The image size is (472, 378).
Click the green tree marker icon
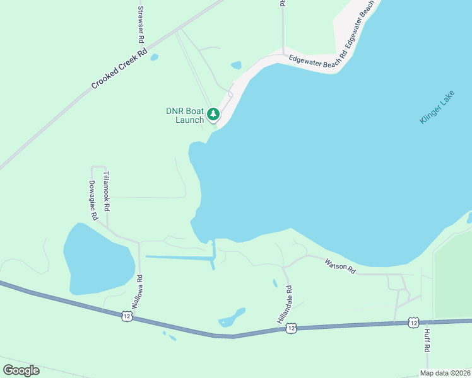213,114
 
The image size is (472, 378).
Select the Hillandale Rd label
285,306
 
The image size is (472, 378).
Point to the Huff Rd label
427,340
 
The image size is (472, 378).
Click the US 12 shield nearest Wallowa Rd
127,316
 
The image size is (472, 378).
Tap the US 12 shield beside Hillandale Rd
290,328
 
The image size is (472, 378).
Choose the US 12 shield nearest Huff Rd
413,323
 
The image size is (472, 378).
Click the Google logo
21,370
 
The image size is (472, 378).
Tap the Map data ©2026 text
445,373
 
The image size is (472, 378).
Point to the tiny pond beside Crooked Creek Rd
155,57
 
